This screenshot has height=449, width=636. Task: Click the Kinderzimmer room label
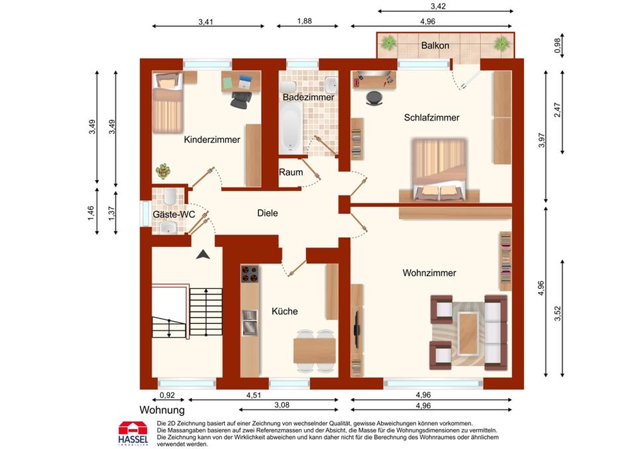(x=212, y=140)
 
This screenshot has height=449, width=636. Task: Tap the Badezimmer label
(x=308, y=97)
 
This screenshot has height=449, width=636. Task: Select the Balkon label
(x=435, y=46)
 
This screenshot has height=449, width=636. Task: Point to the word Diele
(x=267, y=213)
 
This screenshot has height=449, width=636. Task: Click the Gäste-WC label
(x=174, y=215)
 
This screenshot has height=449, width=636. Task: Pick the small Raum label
(x=291, y=172)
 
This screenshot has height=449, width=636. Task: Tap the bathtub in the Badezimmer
(x=291, y=127)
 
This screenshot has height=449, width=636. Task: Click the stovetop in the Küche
(x=250, y=274)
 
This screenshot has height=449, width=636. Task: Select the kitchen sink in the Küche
(x=250, y=323)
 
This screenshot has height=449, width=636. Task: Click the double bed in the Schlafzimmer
(x=439, y=170)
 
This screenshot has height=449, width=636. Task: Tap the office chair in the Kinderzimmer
(x=240, y=99)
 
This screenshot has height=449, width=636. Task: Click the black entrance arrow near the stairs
(x=203, y=255)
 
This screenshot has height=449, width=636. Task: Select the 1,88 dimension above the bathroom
(x=304, y=21)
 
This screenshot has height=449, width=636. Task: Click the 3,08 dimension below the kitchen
(x=282, y=405)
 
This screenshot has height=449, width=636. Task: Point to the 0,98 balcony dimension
(x=558, y=46)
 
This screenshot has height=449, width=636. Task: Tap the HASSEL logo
(x=133, y=433)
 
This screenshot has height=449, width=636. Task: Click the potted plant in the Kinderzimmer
(x=163, y=171)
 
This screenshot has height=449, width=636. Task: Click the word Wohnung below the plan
(x=162, y=410)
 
